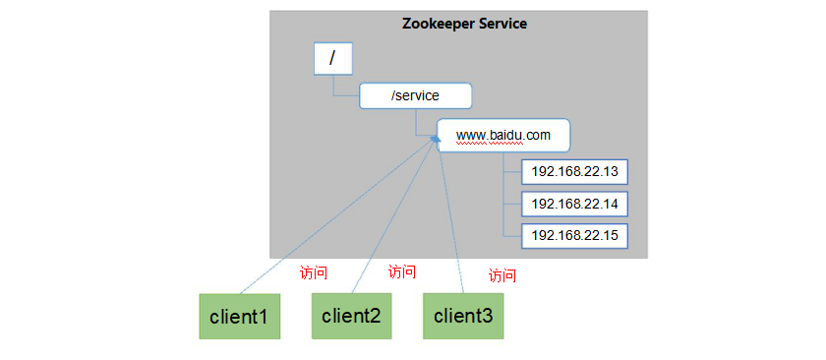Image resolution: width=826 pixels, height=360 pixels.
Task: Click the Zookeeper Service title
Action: coord(464,23)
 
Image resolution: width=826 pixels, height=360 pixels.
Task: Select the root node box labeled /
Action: coord(332,58)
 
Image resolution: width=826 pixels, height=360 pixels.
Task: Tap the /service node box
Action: coord(415,95)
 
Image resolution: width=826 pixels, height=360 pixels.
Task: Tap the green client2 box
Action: coord(351,316)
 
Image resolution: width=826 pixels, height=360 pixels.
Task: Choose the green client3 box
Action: coord(463,316)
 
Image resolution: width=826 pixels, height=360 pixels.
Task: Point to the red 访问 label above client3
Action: coord(502,275)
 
